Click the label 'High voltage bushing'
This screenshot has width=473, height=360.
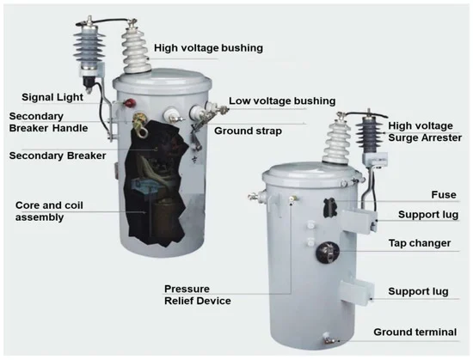208,48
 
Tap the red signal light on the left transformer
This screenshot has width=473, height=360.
131,103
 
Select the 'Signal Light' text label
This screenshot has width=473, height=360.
52,97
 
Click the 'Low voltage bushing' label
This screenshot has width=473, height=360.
282,101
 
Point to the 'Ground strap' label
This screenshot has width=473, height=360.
248,131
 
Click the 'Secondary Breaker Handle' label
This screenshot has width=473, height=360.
48,122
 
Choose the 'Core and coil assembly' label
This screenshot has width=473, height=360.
49,211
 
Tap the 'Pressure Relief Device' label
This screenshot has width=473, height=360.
198,295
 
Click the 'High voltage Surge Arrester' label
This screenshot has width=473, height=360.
425,131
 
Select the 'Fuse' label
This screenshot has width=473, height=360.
444,195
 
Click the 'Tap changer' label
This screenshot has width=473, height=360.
420,243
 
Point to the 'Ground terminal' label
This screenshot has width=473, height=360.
415,332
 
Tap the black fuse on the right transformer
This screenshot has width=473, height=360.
329,208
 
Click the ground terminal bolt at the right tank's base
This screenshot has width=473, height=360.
329,339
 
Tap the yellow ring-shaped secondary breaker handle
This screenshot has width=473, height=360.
141,125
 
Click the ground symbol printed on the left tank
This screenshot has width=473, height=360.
194,160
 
